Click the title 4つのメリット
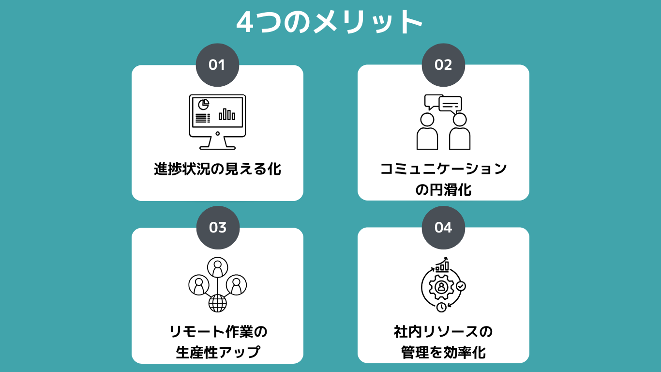coord(330,22)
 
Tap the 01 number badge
coord(217,65)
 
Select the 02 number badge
coord(443,65)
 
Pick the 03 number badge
coord(218,228)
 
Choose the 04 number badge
coord(443,228)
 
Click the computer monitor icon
coord(217,122)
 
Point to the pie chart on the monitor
coord(203,104)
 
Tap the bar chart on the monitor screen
coord(226,114)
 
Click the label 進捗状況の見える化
coord(217,170)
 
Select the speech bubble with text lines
coord(451,105)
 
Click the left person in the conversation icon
coord(427,131)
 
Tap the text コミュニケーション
coord(443,169)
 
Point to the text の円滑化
coord(443,190)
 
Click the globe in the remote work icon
coord(217,303)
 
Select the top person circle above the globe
coord(217,267)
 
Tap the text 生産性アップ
coord(217,352)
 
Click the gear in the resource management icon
coord(441,287)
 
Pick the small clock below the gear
coord(441,307)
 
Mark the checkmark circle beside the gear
coord(461,286)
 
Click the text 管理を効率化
coord(443,352)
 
